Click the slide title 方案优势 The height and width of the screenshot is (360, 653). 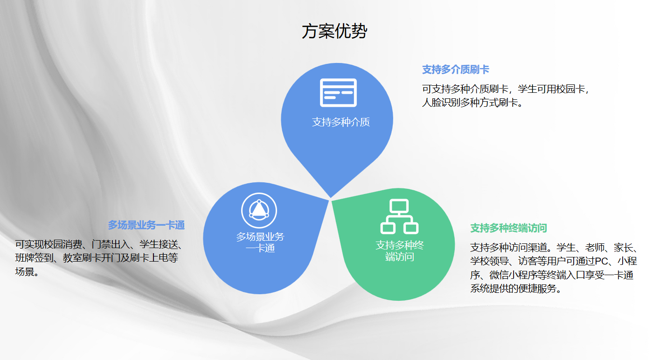coord(334,32)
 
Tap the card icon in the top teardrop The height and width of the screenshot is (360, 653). coord(338,93)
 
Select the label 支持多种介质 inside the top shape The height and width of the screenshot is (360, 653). coord(341,123)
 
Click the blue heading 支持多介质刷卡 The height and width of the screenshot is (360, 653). coord(455,70)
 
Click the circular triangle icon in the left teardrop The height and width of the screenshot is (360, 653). coord(259,210)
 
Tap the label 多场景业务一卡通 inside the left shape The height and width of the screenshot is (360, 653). coord(260,242)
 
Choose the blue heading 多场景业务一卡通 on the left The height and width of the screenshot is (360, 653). coord(146,225)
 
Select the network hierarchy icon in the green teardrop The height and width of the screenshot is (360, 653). coord(399,216)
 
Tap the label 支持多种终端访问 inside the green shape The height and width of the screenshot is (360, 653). coord(400,251)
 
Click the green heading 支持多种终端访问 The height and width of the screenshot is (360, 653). coord(508,228)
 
